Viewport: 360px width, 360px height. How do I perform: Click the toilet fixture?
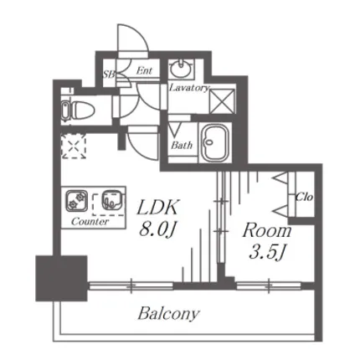tap(79, 110)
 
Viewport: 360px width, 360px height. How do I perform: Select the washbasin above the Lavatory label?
tap(181, 68)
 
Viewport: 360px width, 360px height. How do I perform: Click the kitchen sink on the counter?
tap(111, 200)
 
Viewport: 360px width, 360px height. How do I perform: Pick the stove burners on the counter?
tap(77, 200)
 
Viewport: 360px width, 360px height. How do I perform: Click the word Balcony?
tap(169, 314)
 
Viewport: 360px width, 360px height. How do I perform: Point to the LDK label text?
tap(157, 208)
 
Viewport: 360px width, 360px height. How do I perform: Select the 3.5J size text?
tap(267, 253)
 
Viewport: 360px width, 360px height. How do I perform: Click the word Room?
tap(267, 231)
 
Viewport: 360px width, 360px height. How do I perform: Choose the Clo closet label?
tap(304, 197)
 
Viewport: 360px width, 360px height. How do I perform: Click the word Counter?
tap(90, 222)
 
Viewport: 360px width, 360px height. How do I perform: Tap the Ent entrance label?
tap(144, 70)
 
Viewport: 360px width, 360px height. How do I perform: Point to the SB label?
tap(109, 75)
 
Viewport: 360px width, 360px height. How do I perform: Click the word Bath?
tap(182, 145)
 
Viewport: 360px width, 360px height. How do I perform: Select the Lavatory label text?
tap(189, 88)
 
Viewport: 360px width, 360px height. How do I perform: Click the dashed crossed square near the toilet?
tap(74, 146)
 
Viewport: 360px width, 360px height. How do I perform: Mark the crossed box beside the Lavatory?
tap(222, 100)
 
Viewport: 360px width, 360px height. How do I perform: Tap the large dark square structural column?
tap(61, 278)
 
